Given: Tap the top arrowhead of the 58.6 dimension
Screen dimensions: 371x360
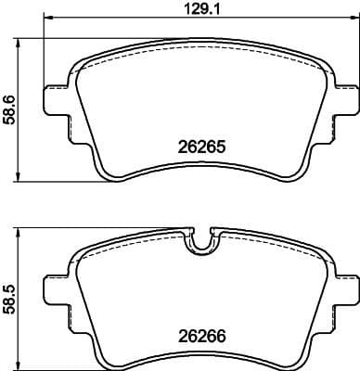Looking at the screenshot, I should [x=21, y=42].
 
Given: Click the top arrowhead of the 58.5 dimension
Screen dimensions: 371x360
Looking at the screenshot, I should [x=21, y=233].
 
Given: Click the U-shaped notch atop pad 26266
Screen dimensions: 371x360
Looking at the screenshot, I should [x=201, y=243].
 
